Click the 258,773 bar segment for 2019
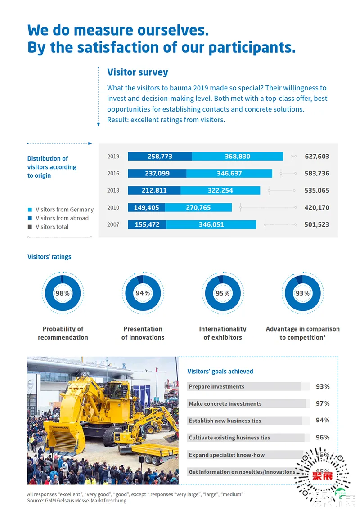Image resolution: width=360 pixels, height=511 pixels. pos(160,157)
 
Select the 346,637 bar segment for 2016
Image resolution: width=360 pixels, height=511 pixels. pos(229,174)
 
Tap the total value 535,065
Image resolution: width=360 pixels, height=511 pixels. pos(317,190)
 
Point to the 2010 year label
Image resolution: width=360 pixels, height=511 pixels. pos(113,207)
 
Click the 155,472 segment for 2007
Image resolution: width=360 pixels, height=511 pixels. pos(147,224)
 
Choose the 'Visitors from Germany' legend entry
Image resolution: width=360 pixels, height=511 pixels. pos(64,210)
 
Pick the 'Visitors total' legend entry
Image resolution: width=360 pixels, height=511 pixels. pos(52,227)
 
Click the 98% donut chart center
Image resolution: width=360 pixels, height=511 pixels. pos(63,293)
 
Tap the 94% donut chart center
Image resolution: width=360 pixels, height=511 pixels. pos(143,293)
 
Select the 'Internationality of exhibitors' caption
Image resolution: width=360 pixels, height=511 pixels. pos(223,333)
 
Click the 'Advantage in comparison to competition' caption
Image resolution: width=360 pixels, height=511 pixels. pos(302,333)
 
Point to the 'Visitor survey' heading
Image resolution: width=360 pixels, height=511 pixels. pos(138,72)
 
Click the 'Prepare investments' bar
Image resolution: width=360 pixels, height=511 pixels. pos(244,386)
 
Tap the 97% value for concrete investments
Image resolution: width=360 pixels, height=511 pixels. pos(323,403)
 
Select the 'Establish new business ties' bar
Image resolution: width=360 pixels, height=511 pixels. pos(244,421)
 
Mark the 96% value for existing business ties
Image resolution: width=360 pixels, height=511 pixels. pos(323,437)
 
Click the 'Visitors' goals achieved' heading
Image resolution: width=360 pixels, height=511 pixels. pos(220,372)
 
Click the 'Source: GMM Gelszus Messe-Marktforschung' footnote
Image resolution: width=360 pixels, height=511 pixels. pos(76,501)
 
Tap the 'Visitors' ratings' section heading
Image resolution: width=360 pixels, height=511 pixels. pos(49,257)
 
